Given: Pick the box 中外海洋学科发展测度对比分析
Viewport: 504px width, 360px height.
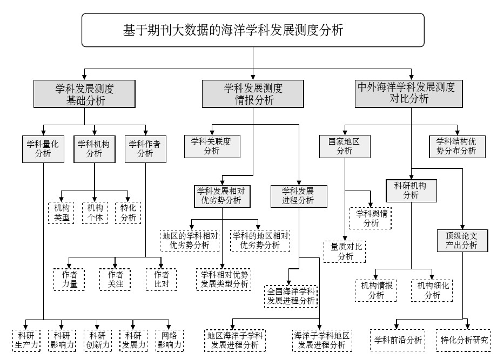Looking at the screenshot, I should pyautogui.click(x=411, y=92).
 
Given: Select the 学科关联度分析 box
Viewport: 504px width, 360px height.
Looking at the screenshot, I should pyautogui.click(x=211, y=146).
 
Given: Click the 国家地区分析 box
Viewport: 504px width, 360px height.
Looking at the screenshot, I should pyautogui.click(x=344, y=146).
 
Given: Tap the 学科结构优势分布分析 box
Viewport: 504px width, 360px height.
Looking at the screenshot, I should pyautogui.click(x=456, y=146).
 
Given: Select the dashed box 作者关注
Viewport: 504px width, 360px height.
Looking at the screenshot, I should pyautogui.click(x=115, y=280).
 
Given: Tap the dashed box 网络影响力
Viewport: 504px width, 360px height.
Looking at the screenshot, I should pyautogui.click(x=169, y=341).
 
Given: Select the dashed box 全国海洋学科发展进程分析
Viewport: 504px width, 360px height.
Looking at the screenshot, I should pyautogui.click(x=291, y=296).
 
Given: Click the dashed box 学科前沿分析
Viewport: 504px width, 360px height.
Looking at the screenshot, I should pyautogui.click(x=398, y=341).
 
